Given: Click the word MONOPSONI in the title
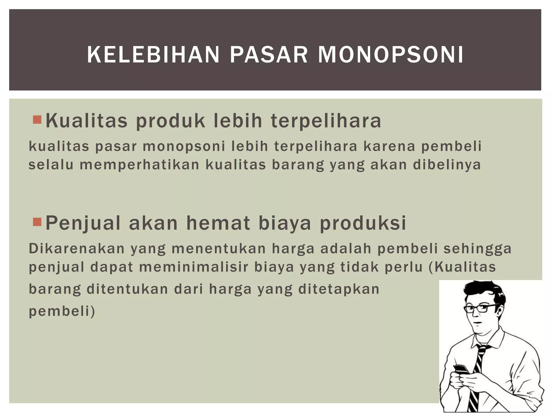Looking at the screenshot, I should coord(391,55).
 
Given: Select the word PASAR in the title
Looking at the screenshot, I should coord(269,55).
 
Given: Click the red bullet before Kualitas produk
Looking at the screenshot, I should coord(37,119).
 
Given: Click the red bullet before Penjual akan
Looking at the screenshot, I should coord(37,222).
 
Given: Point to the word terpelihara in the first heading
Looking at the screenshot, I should coord(326,121).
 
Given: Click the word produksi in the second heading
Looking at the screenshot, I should coord(363,223).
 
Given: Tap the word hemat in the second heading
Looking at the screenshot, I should coord(218,223).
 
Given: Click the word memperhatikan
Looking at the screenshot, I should coord(139,165).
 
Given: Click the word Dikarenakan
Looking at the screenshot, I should coord(77,249).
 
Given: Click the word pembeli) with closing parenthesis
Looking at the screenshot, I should coord(62,311).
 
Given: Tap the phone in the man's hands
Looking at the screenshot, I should coord(462,369).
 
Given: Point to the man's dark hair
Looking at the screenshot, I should coord(482,291).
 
